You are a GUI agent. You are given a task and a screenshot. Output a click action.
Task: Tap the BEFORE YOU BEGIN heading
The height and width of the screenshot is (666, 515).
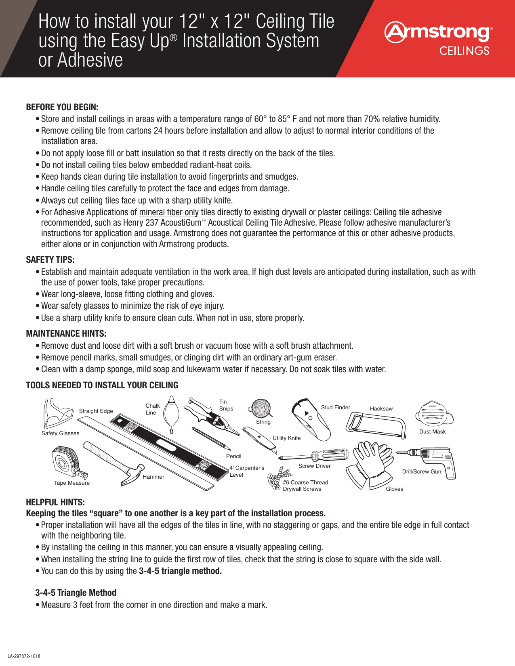62,107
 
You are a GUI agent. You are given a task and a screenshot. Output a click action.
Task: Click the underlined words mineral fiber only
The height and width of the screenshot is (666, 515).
169,212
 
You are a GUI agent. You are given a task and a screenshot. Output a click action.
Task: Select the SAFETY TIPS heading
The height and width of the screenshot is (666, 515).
50,260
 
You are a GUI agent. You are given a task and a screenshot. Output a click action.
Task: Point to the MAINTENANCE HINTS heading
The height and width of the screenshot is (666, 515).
66,334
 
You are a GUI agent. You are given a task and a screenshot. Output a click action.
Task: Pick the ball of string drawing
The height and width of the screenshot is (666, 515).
261,408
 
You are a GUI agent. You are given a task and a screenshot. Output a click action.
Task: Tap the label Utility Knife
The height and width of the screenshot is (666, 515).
286,438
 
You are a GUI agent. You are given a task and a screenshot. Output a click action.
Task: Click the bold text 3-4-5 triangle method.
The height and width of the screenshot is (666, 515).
180,571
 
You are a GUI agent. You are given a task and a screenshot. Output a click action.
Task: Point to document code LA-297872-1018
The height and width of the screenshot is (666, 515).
24,656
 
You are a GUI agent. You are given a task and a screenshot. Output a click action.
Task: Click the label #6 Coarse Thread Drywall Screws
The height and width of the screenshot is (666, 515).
305,486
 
